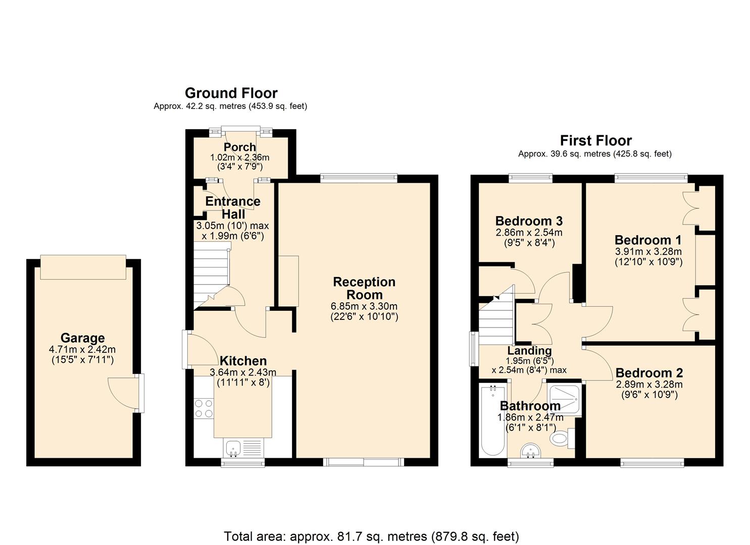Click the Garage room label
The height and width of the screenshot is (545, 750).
82,338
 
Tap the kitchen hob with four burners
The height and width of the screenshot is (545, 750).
204,408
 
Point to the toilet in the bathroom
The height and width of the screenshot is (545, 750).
561,439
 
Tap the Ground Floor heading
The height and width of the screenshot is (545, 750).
231,93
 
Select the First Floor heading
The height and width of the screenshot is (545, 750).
595,141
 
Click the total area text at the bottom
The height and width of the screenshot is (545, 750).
371,536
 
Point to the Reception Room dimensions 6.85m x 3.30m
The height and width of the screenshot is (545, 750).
364,306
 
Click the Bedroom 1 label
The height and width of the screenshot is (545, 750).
648,240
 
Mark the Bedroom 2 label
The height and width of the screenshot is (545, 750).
649,373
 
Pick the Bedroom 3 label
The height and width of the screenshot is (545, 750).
529,221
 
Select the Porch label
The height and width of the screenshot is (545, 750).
240,147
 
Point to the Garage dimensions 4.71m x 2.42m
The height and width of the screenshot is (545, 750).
83,349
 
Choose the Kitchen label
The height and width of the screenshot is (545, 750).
243,361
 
